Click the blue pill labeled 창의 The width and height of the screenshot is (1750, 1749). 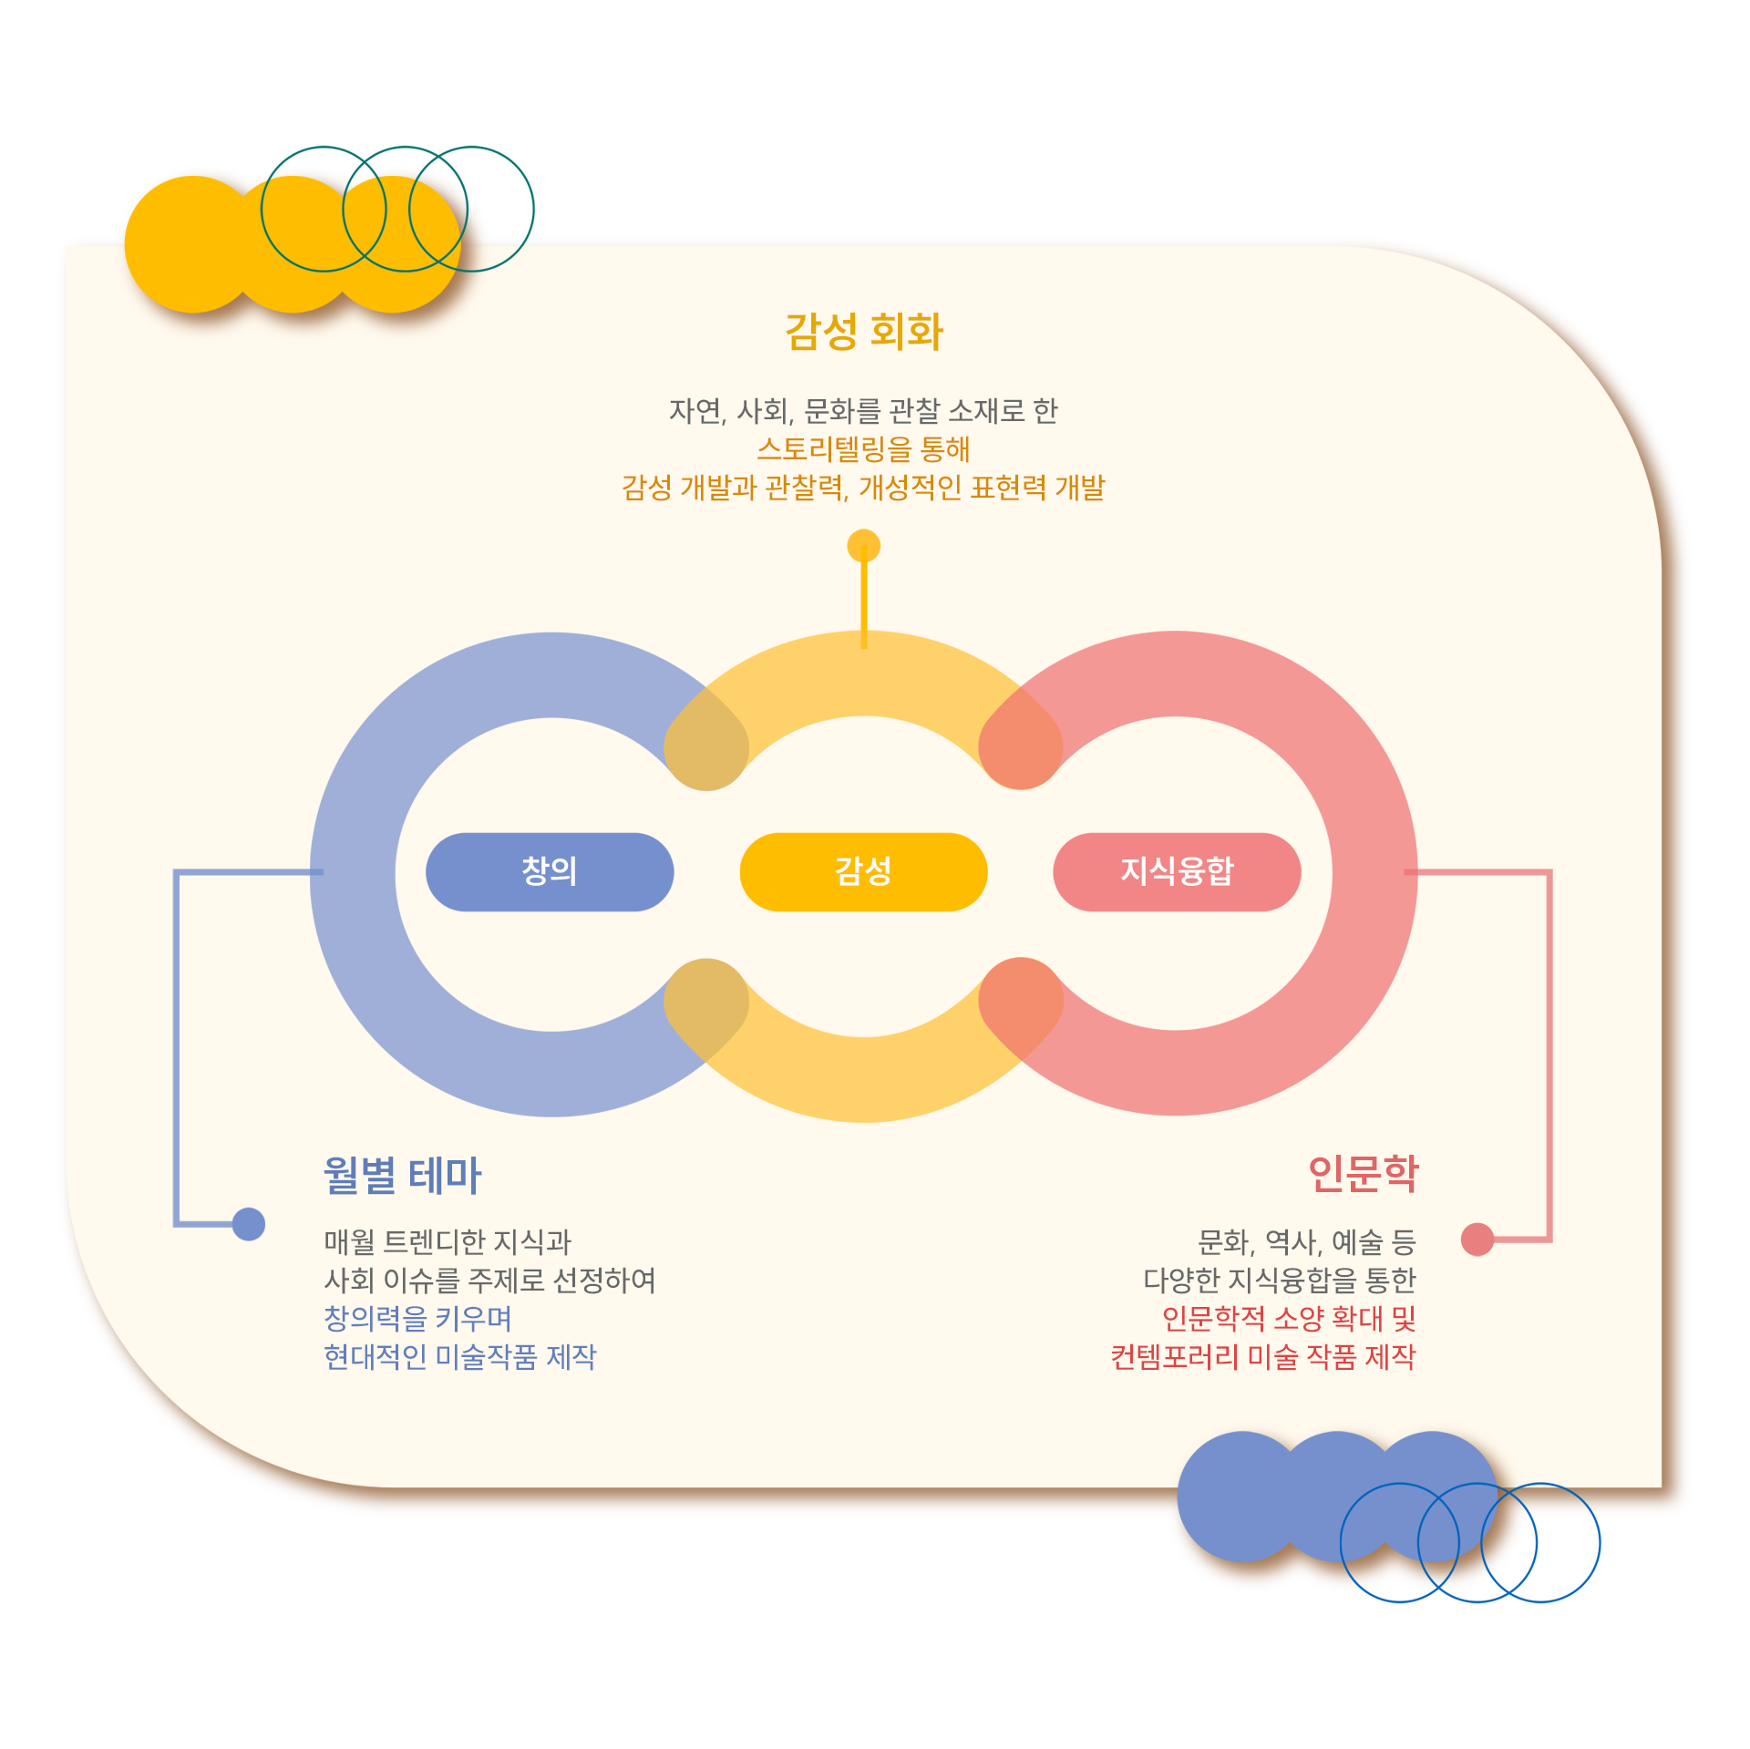pos(550,871)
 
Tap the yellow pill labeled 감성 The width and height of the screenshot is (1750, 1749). pos(863,871)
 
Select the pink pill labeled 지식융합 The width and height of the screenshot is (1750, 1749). pos(1177,871)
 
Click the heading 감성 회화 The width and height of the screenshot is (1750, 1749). pos(864,331)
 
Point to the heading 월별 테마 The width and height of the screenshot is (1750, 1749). pos(402,1175)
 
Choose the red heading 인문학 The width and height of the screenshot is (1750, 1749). pos(1363,1173)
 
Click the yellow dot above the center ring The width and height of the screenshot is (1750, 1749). pos(863,546)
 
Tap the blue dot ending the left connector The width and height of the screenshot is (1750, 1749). pos(249,1223)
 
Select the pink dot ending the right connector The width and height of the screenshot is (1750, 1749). pos(1477,1239)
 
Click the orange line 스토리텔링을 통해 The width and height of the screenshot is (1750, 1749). pos(863,448)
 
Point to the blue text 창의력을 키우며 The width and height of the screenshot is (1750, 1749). pos(417,1318)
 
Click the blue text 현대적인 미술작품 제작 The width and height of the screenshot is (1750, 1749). pos(460,1356)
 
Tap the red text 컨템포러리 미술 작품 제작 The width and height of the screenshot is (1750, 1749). pos(1262,1356)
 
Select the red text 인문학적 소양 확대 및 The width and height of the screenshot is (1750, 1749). pos(1288,1318)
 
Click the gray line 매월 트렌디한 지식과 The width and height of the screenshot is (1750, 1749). pos(448,1241)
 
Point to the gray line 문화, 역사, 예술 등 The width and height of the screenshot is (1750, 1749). pos(1306,1241)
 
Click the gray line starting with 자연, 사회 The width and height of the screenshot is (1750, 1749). pos(863,411)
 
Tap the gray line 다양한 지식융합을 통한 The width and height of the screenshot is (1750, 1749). pos(1279,1280)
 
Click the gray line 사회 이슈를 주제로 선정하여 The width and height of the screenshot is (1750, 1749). pos(489,1280)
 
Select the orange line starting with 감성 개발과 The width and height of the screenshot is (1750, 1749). pos(863,488)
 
